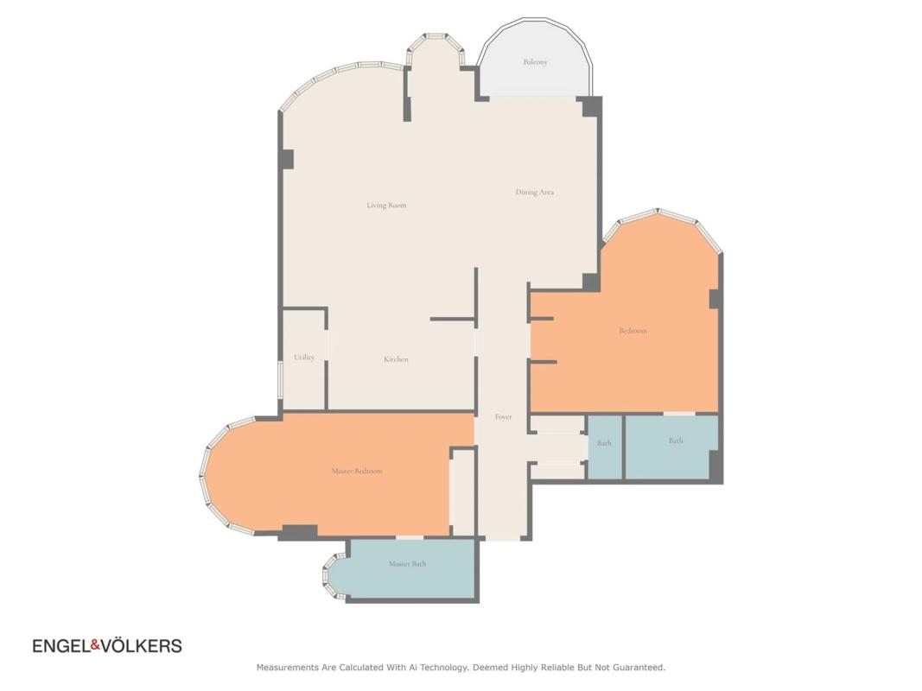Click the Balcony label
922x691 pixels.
535,61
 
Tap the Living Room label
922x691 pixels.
386,205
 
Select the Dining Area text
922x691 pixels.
535,192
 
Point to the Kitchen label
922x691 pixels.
396,359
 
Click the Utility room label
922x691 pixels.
304,358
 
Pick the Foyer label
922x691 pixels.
503,416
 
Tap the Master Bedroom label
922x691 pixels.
357,471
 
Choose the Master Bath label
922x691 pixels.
408,563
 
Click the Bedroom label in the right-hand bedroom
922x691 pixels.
633,331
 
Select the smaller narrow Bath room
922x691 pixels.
605,447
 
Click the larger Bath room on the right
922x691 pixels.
671,447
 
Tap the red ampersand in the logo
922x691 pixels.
95,646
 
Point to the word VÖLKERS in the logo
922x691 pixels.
142,645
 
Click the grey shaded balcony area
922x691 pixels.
535,65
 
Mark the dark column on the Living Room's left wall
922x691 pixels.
288,159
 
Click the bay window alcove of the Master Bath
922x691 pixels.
336,577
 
